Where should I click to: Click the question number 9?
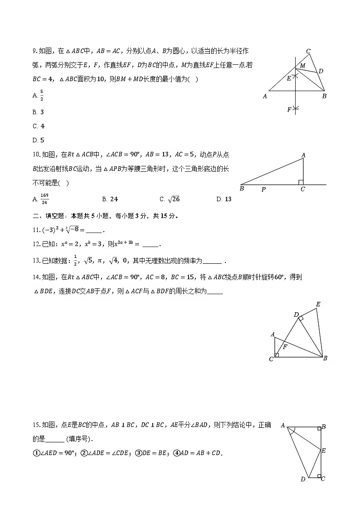(x=34, y=51)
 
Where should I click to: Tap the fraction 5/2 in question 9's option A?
(x=42, y=96)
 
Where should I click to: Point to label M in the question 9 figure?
(x=303, y=66)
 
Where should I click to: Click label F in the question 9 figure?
(x=289, y=110)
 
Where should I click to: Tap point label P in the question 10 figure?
(x=263, y=189)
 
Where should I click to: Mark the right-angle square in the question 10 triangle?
(x=301, y=182)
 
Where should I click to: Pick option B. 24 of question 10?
(x=110, y=199)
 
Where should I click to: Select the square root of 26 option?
(x=174, y=199)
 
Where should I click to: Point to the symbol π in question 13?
(x=96, y=261)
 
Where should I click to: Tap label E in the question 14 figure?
(x=318, y=304)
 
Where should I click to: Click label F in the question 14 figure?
(x=285, y=347)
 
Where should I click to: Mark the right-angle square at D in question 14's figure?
(x=301, y=319)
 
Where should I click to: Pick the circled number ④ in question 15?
(x=177, y=453)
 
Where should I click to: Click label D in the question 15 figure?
(x=302, y=479)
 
